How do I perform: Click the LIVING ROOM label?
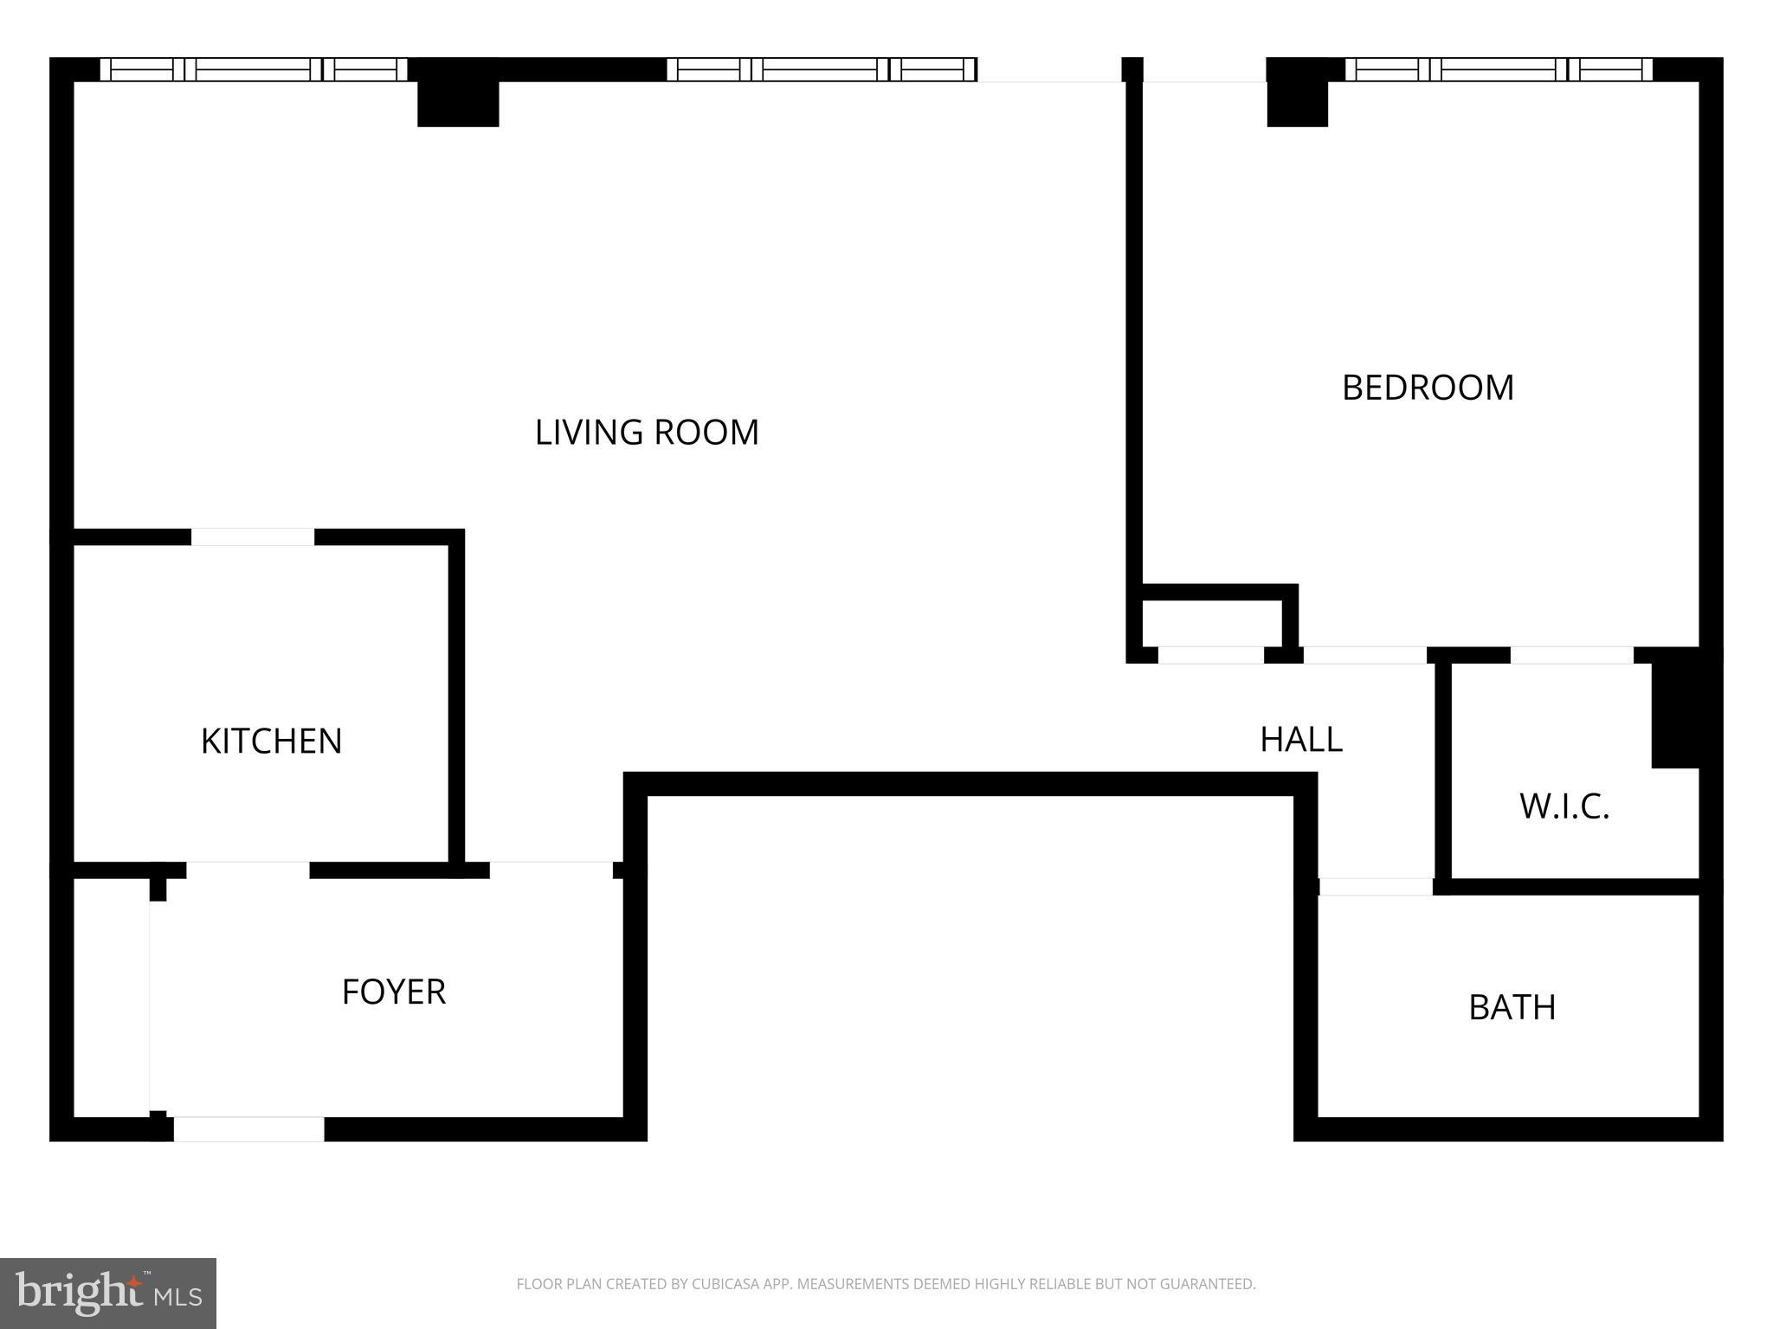647,432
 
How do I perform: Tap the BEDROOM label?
1428,387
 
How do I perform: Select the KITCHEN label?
271,741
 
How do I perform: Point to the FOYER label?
394,992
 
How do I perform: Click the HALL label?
1301,739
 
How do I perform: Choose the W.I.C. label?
1564,806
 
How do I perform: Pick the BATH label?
1512,1007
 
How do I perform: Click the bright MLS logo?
108,1293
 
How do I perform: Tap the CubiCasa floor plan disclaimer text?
886,1284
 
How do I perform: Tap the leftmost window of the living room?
253,69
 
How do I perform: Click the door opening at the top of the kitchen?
252,536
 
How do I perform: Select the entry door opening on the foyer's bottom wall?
248,1129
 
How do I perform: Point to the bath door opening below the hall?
1376,886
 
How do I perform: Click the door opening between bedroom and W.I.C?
1571,655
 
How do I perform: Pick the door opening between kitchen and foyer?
248,870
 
